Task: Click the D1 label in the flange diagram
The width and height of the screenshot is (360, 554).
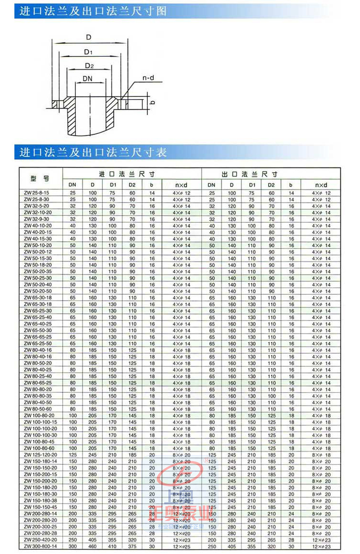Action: coord(88,52)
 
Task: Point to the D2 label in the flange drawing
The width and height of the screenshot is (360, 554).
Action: coord(89,65)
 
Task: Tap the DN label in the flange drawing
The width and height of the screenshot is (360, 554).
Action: coord(88,78)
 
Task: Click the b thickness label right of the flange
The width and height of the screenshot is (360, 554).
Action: coord(152,102)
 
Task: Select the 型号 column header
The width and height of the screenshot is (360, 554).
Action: coord(41,179)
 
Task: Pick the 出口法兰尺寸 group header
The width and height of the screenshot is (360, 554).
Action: coord(250,174)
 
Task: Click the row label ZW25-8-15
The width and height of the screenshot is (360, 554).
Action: coord(36,193)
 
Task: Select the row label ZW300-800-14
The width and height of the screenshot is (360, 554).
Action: coord(41,546)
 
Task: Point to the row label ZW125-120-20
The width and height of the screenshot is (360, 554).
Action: coord(41,455)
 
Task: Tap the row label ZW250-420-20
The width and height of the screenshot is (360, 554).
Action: coord(41,540)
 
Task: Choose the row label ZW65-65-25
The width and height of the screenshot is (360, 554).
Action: coord(38,337)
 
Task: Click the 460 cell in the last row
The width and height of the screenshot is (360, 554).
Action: coord(93,546)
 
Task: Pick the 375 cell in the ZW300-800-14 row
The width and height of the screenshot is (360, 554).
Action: coord(132,546)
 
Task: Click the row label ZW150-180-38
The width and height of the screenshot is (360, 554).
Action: coord(41,500)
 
